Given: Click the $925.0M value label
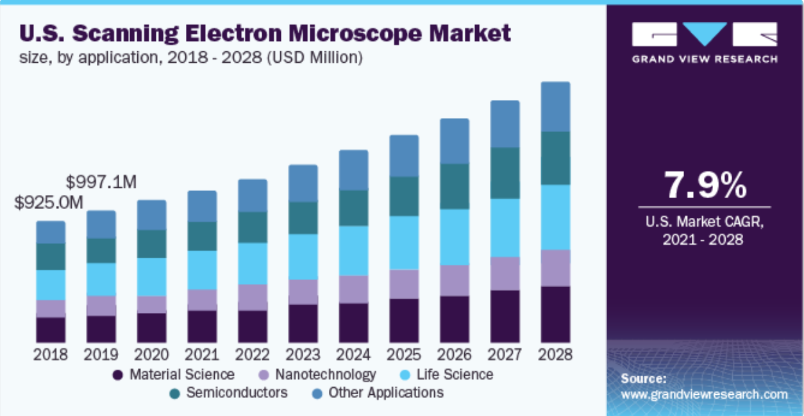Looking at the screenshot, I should click(x=49, y=203).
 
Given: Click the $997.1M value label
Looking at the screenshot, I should click(x=101, y=182).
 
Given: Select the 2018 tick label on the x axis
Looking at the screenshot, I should click(x=51, y=354).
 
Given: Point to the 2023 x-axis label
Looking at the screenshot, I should click(x=303, y=354).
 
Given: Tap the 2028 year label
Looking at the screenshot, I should click(x=555, y=354).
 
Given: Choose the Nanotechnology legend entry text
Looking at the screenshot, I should click(x=326, y=375).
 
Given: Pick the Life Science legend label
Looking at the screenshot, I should click(x=455, y=375).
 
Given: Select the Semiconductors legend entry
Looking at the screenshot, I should click(x=237, y=392).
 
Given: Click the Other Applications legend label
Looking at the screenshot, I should click(x=385, y=392).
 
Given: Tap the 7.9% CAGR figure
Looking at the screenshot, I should click(x=705, y=186).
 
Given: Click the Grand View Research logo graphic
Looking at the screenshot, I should click(x=704, y=35).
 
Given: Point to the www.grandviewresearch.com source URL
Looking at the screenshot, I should click(x=704, y=395).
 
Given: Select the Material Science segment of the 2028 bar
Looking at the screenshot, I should click(x=555, y=314).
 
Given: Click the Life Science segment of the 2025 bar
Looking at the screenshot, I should click(x=404, y=242).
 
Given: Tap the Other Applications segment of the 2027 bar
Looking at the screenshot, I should click(x=505, y=124).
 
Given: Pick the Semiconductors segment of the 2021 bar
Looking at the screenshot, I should click(x=202, y=236).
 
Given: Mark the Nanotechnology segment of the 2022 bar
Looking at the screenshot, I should click(x=253, y=297).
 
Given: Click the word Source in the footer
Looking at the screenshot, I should click(x=643, y=379).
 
